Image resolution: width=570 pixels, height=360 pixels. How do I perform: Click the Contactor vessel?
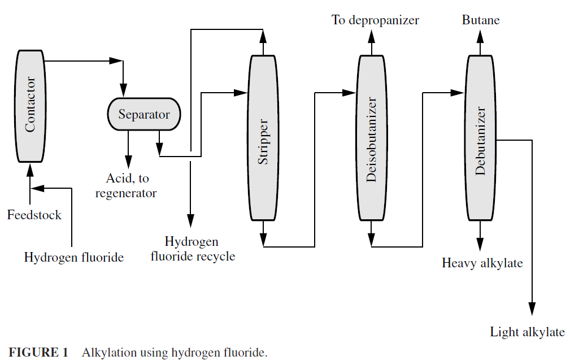click(x=31, y=106)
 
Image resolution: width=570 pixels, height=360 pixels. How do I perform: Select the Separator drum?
click(x=144, y=114)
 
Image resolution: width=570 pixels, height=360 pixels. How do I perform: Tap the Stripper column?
click(x=263, y=138)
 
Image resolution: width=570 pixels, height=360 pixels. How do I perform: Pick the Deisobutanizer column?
click(x=371, y=138)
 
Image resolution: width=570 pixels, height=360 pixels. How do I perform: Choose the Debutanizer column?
click(x=480, y=138)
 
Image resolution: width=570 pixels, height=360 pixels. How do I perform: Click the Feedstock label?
click(x=34, y=215)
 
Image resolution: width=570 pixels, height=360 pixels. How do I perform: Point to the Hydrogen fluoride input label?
click(x=74, y=258)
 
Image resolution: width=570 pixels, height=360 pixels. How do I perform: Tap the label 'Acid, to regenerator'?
click(x=126, y=185)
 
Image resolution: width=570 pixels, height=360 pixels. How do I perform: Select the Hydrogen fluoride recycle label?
click(x=193, y=249)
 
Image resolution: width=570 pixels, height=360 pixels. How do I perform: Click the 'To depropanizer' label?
click(x=375, y=20)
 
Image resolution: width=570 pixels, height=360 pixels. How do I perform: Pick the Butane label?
click(x=481, y=20)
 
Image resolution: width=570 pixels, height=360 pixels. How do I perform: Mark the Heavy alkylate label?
click(x=482, y=263)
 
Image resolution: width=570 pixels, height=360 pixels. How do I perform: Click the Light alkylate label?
click(x=528, y=332)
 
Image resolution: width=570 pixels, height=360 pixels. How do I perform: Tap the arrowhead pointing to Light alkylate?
click(x=532, y=309)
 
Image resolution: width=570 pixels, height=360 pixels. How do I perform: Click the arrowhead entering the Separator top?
click(x=123, y=90)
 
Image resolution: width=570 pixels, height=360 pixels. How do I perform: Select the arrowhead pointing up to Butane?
click(x=480, y=37)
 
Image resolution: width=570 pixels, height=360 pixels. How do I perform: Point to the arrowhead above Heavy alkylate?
click(x=480, y=244)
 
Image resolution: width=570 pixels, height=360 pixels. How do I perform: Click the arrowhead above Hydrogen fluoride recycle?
click(x=190, y=220)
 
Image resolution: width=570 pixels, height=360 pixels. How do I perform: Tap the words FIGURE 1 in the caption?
click(x=38, y=352)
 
